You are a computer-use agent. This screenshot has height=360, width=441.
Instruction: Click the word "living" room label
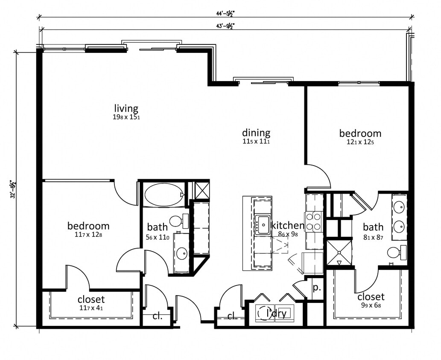pos(126,108)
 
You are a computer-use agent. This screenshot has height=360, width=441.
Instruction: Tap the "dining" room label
pos(256,132)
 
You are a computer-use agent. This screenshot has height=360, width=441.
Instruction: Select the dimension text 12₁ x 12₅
pos(360,142)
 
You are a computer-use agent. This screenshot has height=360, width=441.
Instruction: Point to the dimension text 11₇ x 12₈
pos(88,234)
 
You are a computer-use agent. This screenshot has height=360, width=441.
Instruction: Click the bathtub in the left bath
pos(164,195)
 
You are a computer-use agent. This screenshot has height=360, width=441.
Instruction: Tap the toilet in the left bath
pos(177,221)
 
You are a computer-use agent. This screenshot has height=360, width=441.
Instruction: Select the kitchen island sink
pos(262,224)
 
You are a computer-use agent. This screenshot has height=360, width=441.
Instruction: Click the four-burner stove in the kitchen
pos(314,222)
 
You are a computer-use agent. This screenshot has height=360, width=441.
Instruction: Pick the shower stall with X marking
pos(339,252)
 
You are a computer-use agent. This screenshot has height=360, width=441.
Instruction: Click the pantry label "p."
pos(316,287)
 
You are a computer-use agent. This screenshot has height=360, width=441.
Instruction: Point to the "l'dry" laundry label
pos(277,314)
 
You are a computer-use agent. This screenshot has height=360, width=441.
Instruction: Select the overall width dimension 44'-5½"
pos(225,13)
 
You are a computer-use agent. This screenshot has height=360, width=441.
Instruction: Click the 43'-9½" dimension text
pos(225,26)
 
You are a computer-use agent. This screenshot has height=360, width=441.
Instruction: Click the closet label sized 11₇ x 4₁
pos(91,299)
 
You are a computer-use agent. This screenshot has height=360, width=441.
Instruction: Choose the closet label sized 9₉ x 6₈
pos(371,296)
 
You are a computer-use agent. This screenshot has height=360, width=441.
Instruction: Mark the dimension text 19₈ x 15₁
pos(126,116)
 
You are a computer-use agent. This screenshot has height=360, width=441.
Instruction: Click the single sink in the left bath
pos(181,253)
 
